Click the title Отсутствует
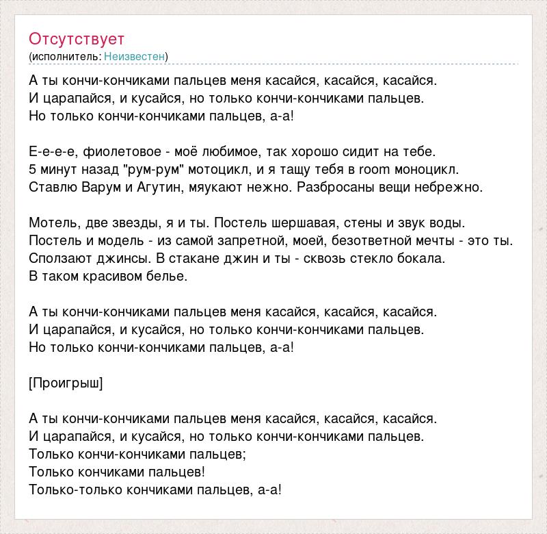pyautogui.click(x=77, y=38)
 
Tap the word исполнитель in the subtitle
pyautogui.click(x=66, y=56)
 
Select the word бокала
pyautogui.click(x=423, y=258)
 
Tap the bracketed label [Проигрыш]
pyautogui.click(x=66, y=383)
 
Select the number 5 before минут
pyautogui.click(x=34, y=169)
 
